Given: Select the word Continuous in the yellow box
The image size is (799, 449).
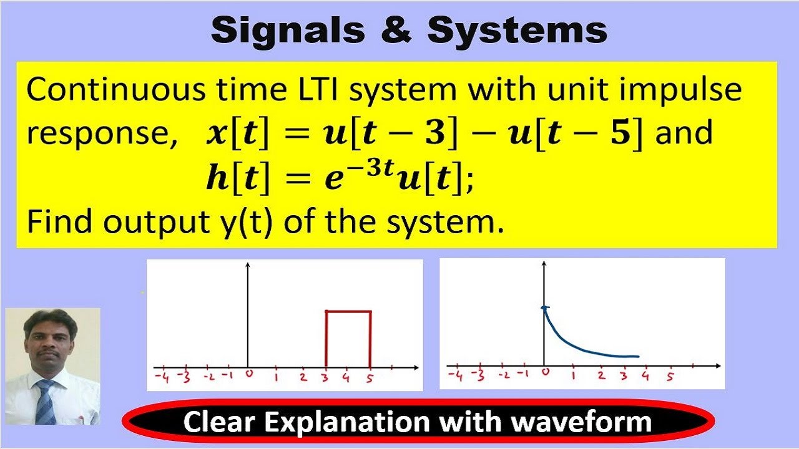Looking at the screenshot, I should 115,90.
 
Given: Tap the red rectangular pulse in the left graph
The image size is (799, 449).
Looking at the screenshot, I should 348,311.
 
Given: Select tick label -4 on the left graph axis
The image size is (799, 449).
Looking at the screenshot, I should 161,377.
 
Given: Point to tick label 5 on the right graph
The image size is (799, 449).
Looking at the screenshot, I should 670,377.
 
